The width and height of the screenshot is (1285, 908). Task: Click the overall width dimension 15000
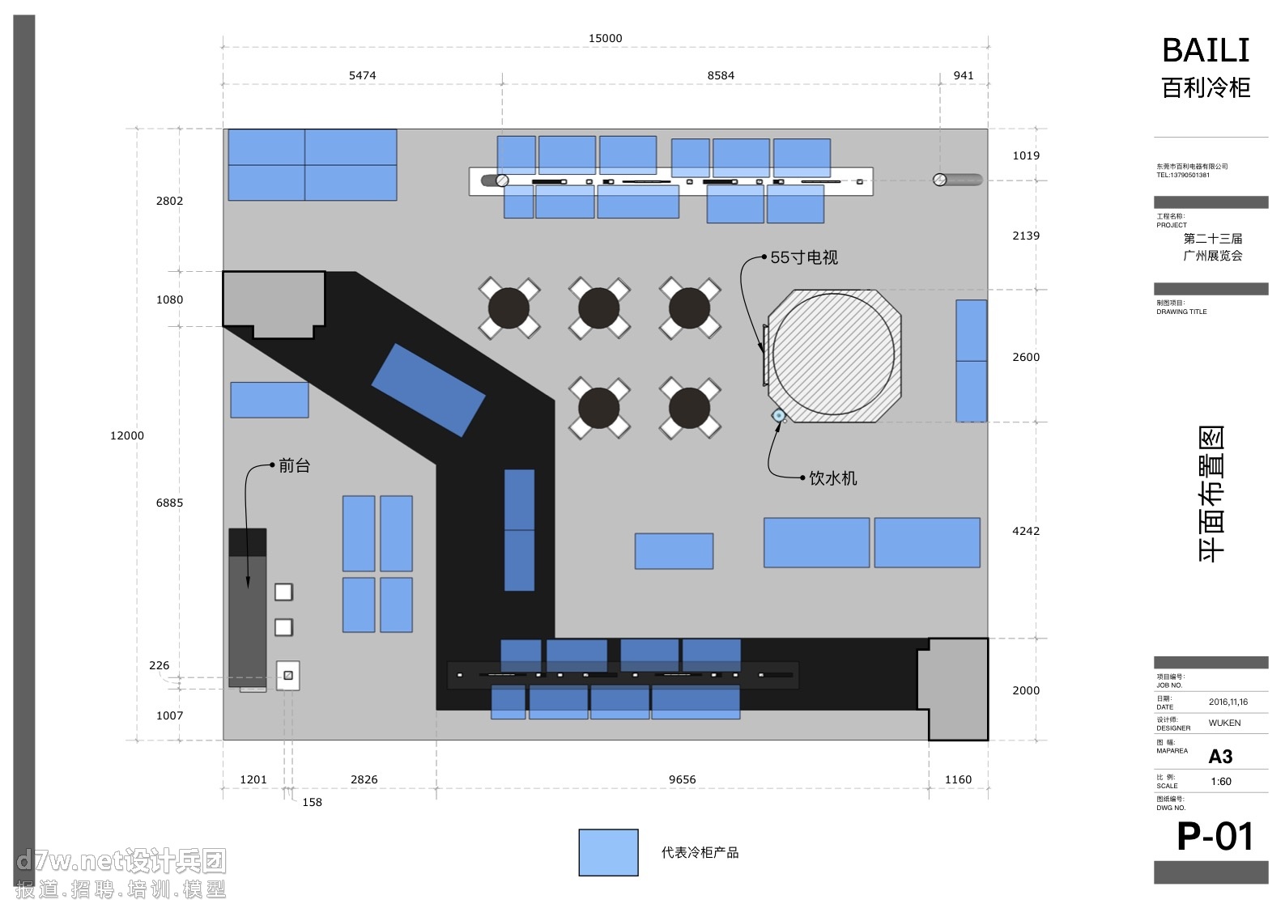click(x=605, y=38)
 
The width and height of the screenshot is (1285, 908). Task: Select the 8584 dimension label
click(x=721, y=75)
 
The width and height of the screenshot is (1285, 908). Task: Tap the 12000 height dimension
click(x=127, y=435)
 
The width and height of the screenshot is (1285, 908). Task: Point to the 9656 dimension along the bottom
click(x=682, y=779)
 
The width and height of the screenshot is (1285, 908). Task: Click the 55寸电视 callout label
click(x=804, y=257)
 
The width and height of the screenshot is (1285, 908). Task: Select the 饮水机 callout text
click(x=832, y=478)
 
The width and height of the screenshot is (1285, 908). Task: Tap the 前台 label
click(x=294, y=465)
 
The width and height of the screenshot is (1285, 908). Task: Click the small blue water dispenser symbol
click(x=779, y=415)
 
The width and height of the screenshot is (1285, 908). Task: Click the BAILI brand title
click(x=1206, y=50)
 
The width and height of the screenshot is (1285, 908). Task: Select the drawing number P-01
click(x=1215, y=836)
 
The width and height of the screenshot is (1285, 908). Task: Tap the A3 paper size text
click(x=1220, y=757)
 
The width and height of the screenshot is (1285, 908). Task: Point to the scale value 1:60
click(x=1221, y=782)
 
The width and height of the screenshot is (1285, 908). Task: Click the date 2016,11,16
click(x=1228, y=702)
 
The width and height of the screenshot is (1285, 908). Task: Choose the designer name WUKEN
click(x=1224, y=723)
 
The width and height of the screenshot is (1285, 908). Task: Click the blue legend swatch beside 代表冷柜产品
click(x=608, y=852)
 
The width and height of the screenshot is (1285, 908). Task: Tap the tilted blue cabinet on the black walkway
click(x=428, y=390)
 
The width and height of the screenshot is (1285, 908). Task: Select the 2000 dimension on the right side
click(x=1026, y=690)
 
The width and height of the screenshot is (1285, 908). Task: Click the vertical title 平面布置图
click(x=1211, y=494)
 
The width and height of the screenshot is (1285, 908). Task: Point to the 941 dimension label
click(x=964, y=75)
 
